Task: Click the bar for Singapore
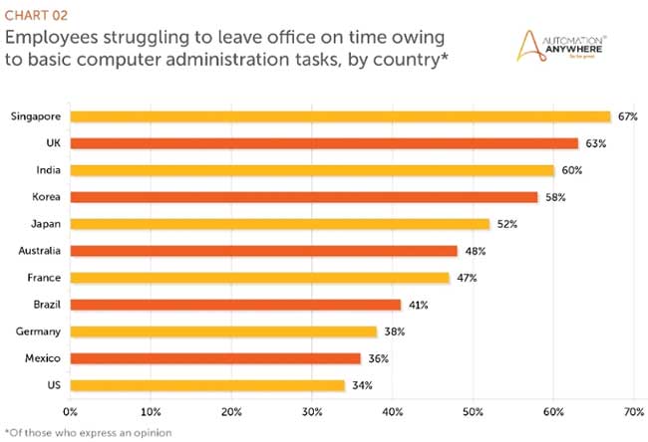(x=339, y=116)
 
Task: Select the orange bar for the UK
(x=324, y=143)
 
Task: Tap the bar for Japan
(x=280, y=224)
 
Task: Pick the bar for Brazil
(x=235, y=305)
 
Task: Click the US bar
(x=207, y=384)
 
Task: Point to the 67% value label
(x=627, y=116)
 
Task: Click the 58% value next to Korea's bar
(x=555, y=197)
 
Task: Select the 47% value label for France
(x=467, y=278)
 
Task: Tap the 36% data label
(x=378, y=358)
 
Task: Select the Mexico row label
(x=46, y=358)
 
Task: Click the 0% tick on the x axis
(x=70, y=410)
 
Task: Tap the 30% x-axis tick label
(x=312, y=410)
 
